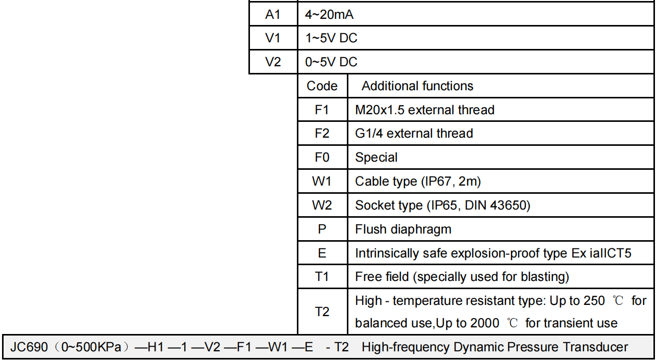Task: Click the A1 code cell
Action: [273, 14]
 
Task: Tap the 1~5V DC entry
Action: [331, 38]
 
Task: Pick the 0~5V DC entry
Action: [331, 62]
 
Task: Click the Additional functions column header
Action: [417, 86]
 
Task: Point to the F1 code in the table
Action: [322, 110]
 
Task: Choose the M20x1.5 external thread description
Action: [425, 110]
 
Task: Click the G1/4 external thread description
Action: [414, 134]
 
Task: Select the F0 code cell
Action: [322, 158]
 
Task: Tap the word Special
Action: [376, 158]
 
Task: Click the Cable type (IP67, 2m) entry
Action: [418, 182]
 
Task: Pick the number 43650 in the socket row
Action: [508, 205]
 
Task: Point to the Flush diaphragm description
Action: [403, 229]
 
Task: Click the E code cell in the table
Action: [322, 253]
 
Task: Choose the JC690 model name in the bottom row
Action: [29, 347]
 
